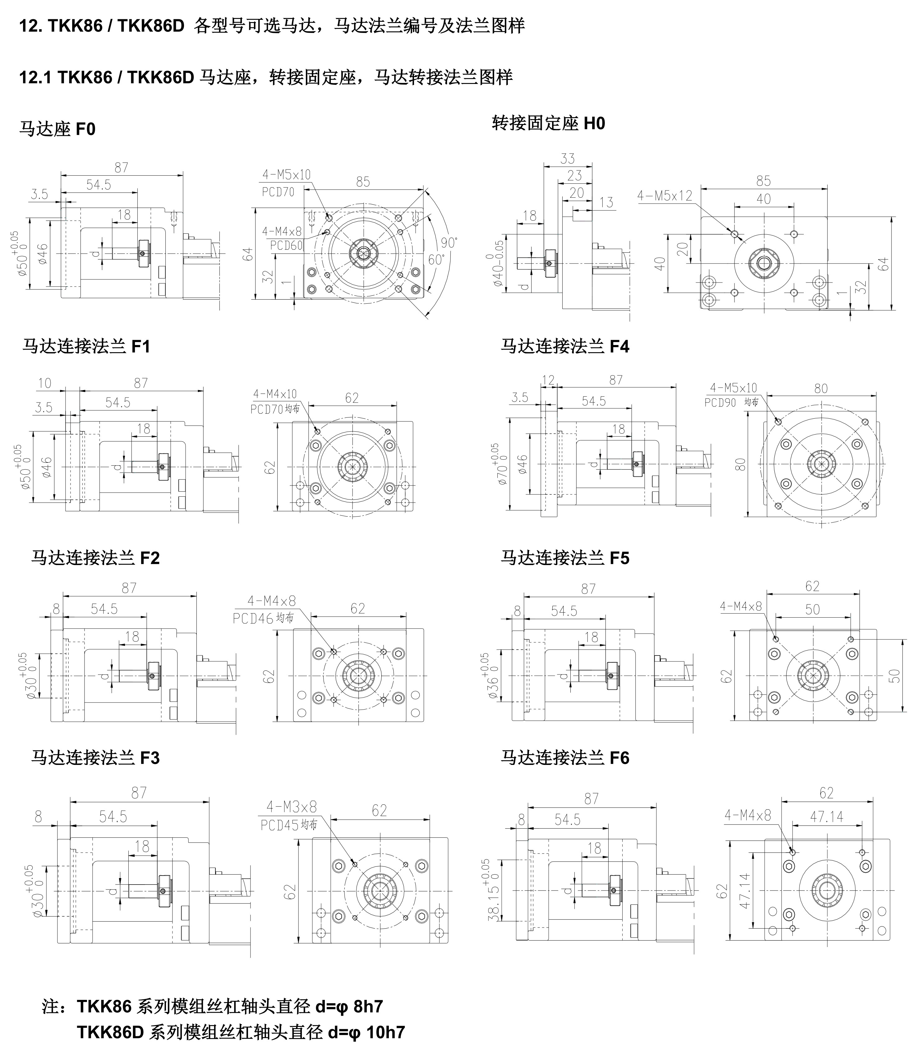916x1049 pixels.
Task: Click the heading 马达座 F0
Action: tap(57, 129)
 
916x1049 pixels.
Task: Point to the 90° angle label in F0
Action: tap(448, 242)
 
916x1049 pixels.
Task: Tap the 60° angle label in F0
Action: tap(436, 260)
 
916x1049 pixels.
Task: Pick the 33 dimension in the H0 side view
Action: tap(567, 159)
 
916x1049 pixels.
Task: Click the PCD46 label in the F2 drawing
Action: tap(253, 619)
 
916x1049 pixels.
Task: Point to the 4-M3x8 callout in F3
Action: tap(291, 807)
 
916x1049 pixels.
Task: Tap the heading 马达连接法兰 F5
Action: tap(565, 558)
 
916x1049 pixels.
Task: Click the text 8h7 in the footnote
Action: tap(368, 1006)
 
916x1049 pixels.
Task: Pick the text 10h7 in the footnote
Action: tap(386, 1032)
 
